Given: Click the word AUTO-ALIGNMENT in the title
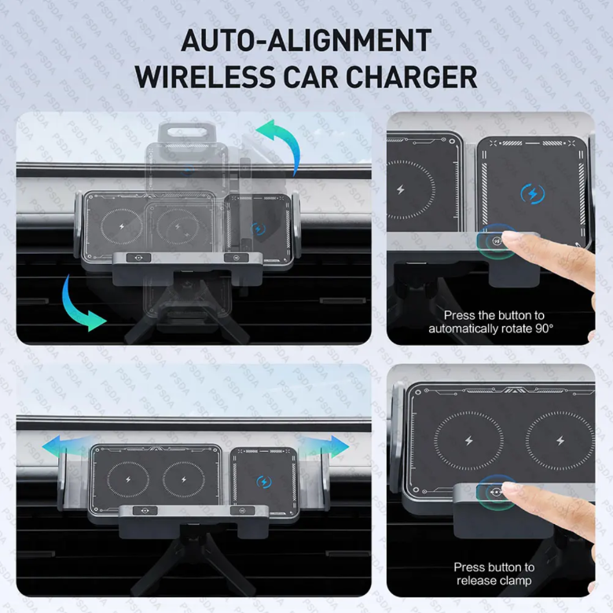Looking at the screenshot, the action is pos(306,40).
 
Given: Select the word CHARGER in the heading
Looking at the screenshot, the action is pos(411,77).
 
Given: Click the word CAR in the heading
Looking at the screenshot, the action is pos(310,77).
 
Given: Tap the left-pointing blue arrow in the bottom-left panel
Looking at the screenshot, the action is pos(63,446).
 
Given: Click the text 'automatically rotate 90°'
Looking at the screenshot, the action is pos(491,329).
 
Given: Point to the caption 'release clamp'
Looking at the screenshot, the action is pos(494,581).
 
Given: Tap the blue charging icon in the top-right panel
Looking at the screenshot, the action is pos(533,193).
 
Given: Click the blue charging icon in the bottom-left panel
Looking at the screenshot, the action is pos(264,482).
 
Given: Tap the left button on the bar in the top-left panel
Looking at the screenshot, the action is pos(139,258).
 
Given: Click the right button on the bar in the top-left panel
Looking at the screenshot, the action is pos(236,258).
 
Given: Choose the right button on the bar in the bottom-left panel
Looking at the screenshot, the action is pos(242,511).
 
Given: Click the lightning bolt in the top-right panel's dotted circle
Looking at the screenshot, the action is pos(400,190).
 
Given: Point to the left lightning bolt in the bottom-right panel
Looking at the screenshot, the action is pos(468,441).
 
